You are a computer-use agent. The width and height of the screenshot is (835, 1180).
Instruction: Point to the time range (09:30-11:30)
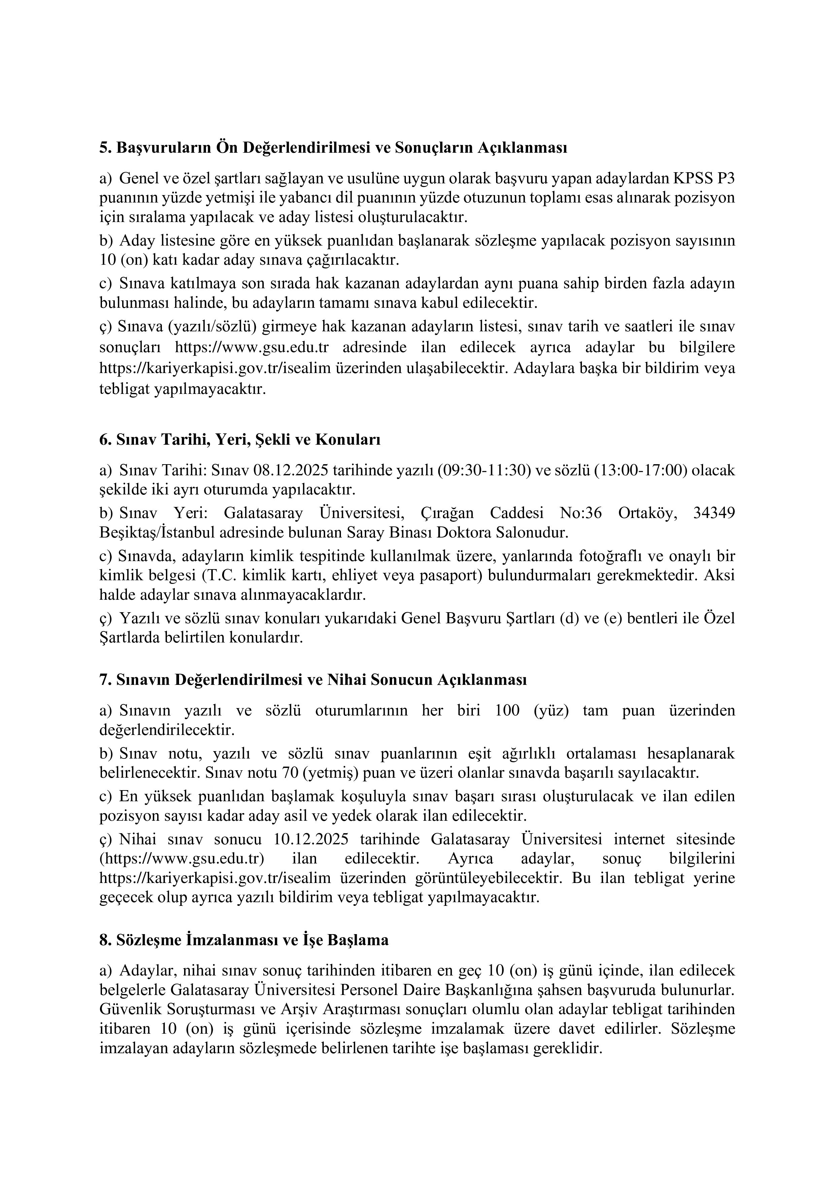(x=484, y=470)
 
